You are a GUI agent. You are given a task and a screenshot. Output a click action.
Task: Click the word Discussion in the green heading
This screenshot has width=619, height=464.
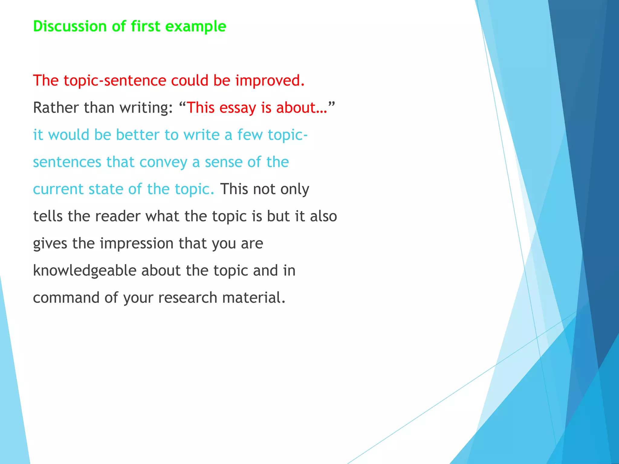(70, 26)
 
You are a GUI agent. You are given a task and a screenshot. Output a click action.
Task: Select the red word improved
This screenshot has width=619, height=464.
(270, 81)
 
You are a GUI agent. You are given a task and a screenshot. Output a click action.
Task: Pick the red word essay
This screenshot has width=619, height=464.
(238, 108)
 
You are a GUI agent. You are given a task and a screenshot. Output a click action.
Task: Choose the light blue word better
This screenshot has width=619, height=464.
(138, 135)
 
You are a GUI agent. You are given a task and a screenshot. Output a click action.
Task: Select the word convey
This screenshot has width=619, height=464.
(163, 162)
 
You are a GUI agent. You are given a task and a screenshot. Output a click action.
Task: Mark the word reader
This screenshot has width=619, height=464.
(118, 216)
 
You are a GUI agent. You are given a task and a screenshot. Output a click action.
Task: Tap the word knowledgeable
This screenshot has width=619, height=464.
(85, 270)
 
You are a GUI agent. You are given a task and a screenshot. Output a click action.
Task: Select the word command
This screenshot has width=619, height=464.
(66, 298)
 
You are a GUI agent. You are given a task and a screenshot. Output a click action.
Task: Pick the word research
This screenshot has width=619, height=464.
(187, 298)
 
